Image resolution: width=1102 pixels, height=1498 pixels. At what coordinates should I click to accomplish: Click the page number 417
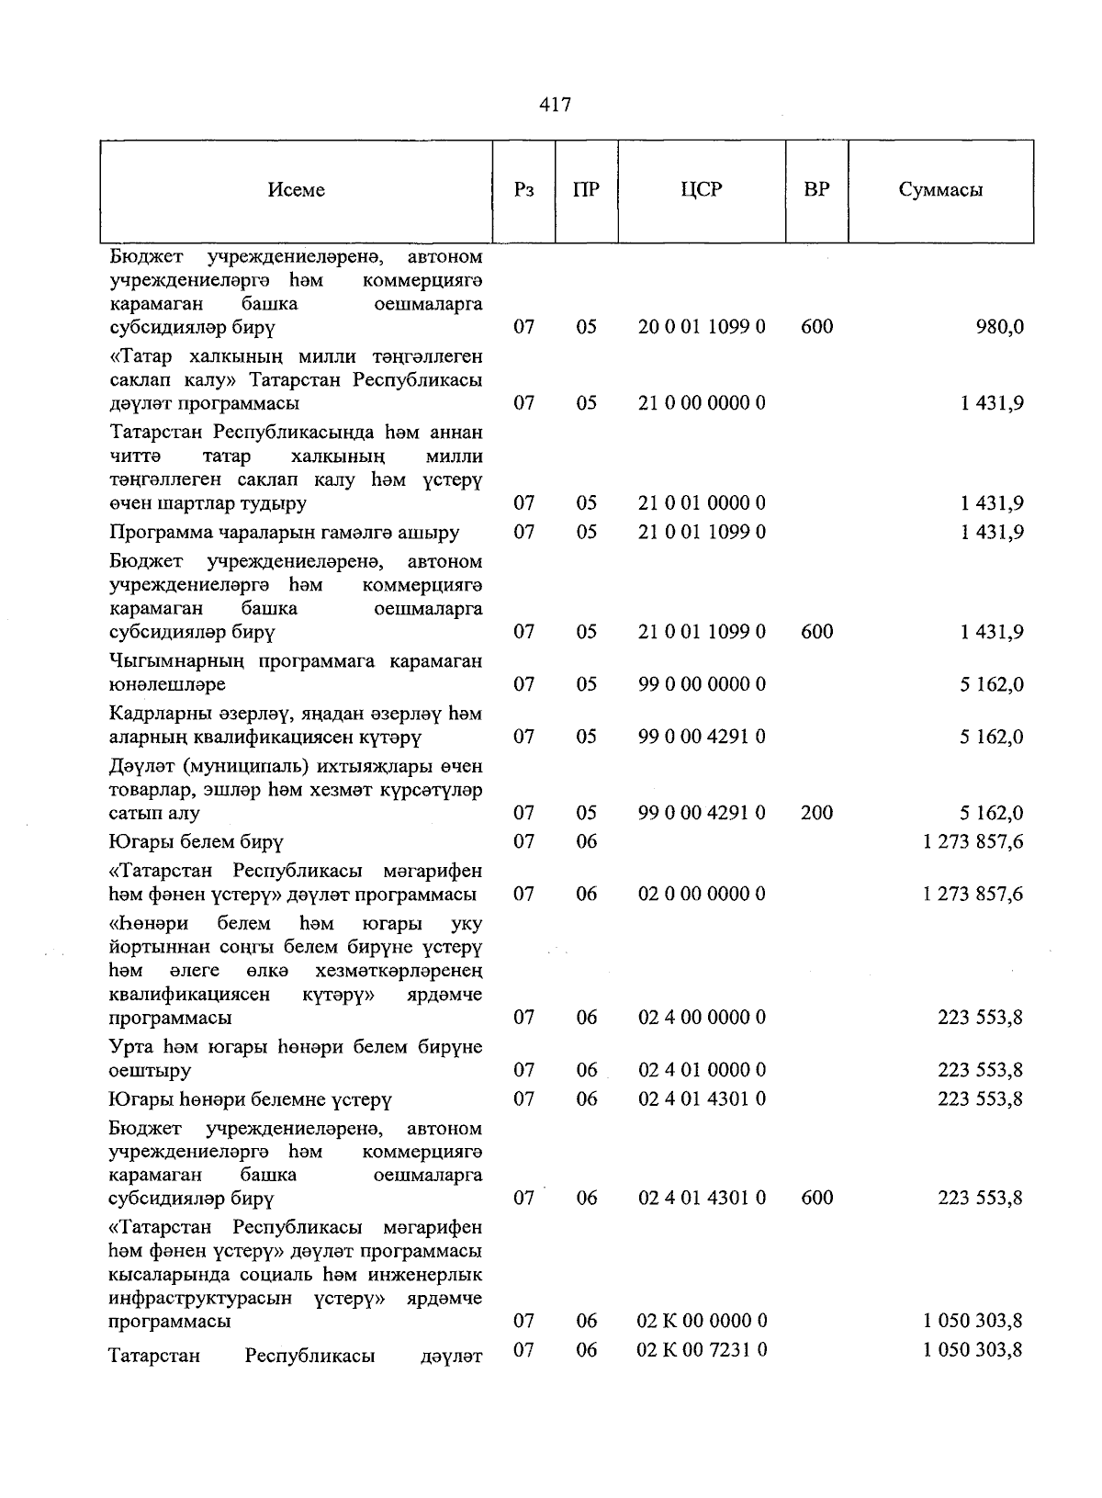[x=555, y=105]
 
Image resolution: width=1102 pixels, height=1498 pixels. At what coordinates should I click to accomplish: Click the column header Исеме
[x=296, y=190]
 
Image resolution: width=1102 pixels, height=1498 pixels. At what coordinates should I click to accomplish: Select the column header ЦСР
[x=702, y=190]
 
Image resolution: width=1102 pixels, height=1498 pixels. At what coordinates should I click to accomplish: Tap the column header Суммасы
[x=940, y=190]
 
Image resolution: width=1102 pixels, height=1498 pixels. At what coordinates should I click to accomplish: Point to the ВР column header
[x=816, y=190]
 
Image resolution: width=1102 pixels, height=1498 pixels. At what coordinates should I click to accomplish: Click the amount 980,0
[x=1000, y=327]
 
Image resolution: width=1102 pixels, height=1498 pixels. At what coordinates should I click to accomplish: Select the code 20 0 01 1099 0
[x=702, y=327]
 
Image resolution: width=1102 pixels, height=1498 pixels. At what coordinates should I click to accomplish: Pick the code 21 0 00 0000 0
[x=702, y=403]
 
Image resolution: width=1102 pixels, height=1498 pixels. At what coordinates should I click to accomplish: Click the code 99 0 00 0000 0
[x=702, y=684]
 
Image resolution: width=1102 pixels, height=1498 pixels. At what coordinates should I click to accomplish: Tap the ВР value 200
[x=816, y=813]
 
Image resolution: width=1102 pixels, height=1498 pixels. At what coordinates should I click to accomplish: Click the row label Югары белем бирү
[x=196, y=841]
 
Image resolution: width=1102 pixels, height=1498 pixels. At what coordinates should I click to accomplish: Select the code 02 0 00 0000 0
[x=702, y=894]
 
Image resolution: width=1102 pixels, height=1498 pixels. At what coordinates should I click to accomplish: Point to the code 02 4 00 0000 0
[x=702, y=1018]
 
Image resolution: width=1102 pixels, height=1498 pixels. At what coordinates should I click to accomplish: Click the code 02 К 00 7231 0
[x=702, y=1349]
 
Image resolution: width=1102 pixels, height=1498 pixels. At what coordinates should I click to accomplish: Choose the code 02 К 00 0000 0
[x=702, y=1321]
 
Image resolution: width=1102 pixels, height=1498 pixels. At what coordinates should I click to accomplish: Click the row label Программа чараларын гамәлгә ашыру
[x=284, y=533]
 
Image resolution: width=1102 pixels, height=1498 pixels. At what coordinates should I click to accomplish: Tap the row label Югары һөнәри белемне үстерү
[x=250, y=1099]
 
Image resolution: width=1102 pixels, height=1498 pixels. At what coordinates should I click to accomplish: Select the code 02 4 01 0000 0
[x=702, y=1070]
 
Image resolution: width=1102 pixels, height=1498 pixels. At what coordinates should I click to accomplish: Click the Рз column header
[x=524, y=190]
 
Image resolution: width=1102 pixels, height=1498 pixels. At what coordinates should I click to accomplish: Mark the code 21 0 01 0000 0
[x=702, y=503]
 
